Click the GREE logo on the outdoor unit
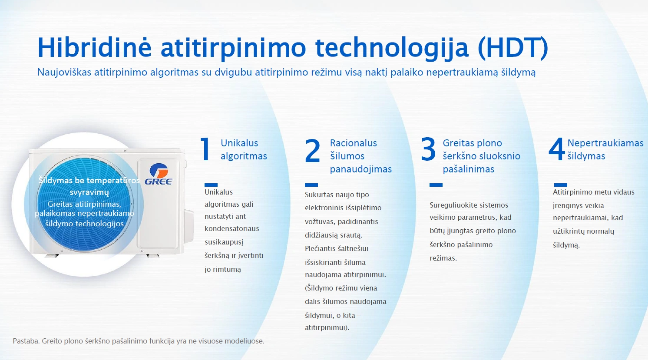(x=158, y=174)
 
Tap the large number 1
(x=206, y=149)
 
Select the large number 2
(x=312, y=150)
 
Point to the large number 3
(x=428, y=149)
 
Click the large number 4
(x=557, y=149)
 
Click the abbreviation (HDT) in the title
(x=513, y=48)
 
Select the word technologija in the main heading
(x=391, y=49)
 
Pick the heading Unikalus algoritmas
(x=244, y=149)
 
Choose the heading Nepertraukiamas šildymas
(x=605, y=149)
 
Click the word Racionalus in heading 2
(x=353, y=143)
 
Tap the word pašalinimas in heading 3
(x=468, y=169)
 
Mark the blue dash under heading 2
(x=311, y=185)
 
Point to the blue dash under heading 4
(x=561, y=185)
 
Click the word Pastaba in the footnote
(x=26, y=341)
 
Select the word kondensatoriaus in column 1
(x=232, y=228)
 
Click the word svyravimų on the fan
(x=89, y=192)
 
